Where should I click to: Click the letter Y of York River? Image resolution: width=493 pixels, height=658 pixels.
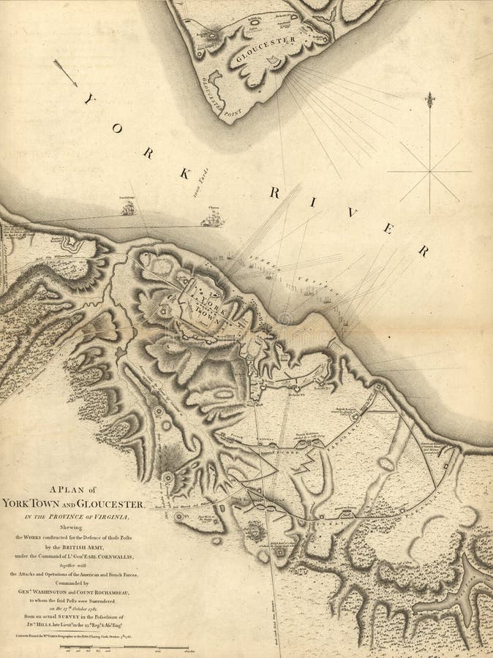(90, 99)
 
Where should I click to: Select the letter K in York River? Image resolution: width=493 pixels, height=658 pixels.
(185, 173)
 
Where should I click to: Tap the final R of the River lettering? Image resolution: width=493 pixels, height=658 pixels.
(423, 251)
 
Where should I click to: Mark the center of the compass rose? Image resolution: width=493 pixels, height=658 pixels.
(429, 173)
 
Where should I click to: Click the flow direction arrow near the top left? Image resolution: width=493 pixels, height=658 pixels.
(66, 72)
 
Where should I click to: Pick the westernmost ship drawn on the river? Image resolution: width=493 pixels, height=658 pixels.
(127, 208)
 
